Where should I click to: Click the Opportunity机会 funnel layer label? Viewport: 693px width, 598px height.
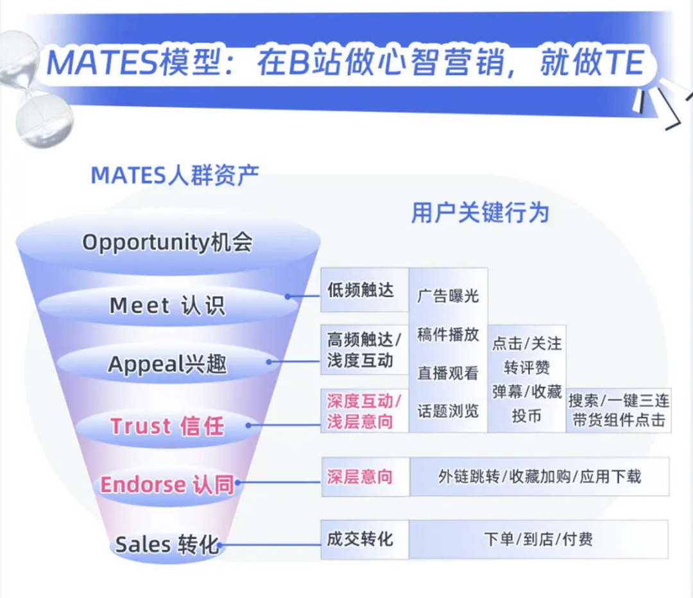pyautogui.click(x=167, y=243)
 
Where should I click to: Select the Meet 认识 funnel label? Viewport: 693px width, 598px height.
pyautogui.click(x=167, y=305)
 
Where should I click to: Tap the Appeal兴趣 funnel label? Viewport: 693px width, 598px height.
pyautogui.click(x=167, y=364)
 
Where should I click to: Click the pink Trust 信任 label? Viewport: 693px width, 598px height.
pyautogui.click(x=167, y=426)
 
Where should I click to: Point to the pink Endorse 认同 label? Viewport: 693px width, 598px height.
pyautogui.click(x=167, y=484)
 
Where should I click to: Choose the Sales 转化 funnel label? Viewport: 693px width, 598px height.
pyautogui.click(x=167, y=545)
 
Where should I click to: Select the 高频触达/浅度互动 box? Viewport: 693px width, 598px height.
pyautogui.click(x=364, y=350)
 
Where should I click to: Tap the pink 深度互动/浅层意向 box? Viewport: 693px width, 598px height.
pyautogui.click(x=364, y=411)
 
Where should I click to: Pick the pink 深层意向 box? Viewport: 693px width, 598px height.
pyautogui.click(x=360, y=477)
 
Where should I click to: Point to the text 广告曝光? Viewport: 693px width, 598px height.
pyautogui.click(x=448, y=296)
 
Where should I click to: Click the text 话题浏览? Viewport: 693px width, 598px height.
pyautogui.click(x=448, y=411)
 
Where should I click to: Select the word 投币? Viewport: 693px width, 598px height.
pyautogui.click(x=527, y=416)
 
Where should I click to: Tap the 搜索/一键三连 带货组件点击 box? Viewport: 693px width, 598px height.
pyautogui.click(x=619, y=411)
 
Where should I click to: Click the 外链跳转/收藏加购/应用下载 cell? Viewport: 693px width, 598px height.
pyautogui.click(x=540, y=477)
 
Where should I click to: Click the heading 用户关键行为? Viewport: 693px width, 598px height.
pyautogui.click(x=480, y=212)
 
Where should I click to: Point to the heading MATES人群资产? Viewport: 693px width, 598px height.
pyautogui.click(x=175, y=175)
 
